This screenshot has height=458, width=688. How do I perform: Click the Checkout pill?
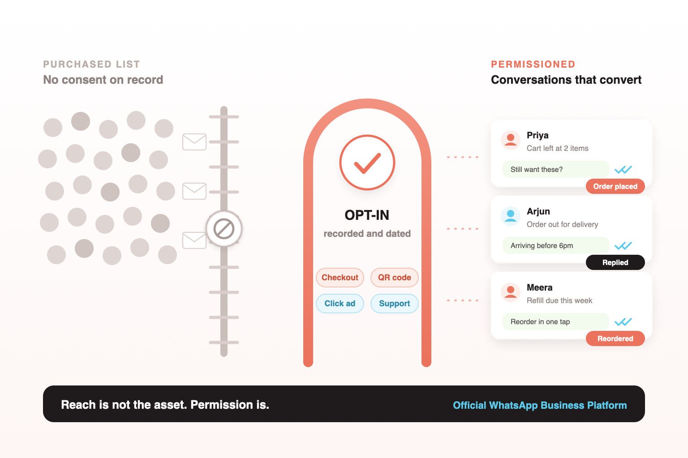[x=340, y=278]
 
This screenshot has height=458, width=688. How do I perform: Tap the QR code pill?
[x=394, y=278]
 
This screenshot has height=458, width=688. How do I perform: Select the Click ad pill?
[x=340, y=304]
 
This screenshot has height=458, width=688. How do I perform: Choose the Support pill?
[x=394, y=304]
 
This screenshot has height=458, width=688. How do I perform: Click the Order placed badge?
[x=615, y=186]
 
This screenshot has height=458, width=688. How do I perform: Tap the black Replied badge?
[x=615, y=262]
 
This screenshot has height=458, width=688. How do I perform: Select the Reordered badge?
[x=615, y=338]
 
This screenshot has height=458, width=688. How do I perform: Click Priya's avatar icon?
[x=511, y=140]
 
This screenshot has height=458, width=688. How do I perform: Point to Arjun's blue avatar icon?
[x=511, y=216]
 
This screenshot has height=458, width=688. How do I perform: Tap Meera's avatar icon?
[x=511, y=292]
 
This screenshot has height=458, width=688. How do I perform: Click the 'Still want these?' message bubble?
[x=555, y=169]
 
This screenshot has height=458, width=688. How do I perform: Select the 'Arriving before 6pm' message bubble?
[x=555, y=246]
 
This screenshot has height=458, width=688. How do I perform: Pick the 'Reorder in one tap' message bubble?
[x=555, y=322]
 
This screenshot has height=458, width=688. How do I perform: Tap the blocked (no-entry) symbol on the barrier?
[x=224, y=229]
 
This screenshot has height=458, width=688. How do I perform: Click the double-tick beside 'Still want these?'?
[x=623, y=169]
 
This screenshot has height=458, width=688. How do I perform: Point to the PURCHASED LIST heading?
[x=91, y=64]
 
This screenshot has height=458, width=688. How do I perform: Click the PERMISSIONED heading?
[x=533, y=64]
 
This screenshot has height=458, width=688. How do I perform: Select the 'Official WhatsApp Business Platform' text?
[x=540, y=405]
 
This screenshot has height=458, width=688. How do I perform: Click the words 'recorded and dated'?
[x=367, y=234]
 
